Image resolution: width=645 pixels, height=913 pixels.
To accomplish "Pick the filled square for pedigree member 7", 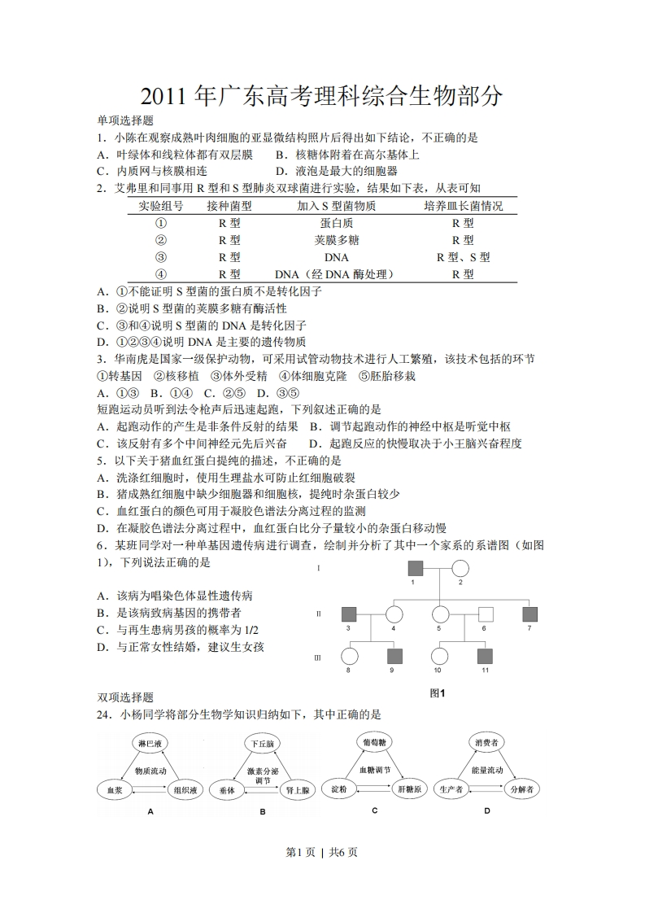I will click(530, 614).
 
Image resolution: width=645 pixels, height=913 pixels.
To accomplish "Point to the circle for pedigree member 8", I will click(349, 656).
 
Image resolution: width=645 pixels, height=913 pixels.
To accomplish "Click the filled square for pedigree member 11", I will click(485, 656).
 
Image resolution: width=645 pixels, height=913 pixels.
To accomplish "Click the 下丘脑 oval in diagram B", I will click(262, 744).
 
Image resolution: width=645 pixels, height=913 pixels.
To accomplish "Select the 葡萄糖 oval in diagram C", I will click(375, 741).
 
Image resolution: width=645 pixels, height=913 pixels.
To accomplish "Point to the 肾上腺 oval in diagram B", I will click(296, 789).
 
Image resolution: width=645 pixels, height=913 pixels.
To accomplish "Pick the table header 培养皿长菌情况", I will click(463, 207).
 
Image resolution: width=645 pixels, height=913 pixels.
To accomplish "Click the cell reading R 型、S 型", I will click(463, 257).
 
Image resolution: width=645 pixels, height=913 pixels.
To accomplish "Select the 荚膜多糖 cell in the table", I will click(336, 240).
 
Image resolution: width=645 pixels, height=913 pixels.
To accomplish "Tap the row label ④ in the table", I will click(161, 274).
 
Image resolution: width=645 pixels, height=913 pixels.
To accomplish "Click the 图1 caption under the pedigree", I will click(438, 693).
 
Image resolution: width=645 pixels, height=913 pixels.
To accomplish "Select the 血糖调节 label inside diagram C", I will click(375, 769).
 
